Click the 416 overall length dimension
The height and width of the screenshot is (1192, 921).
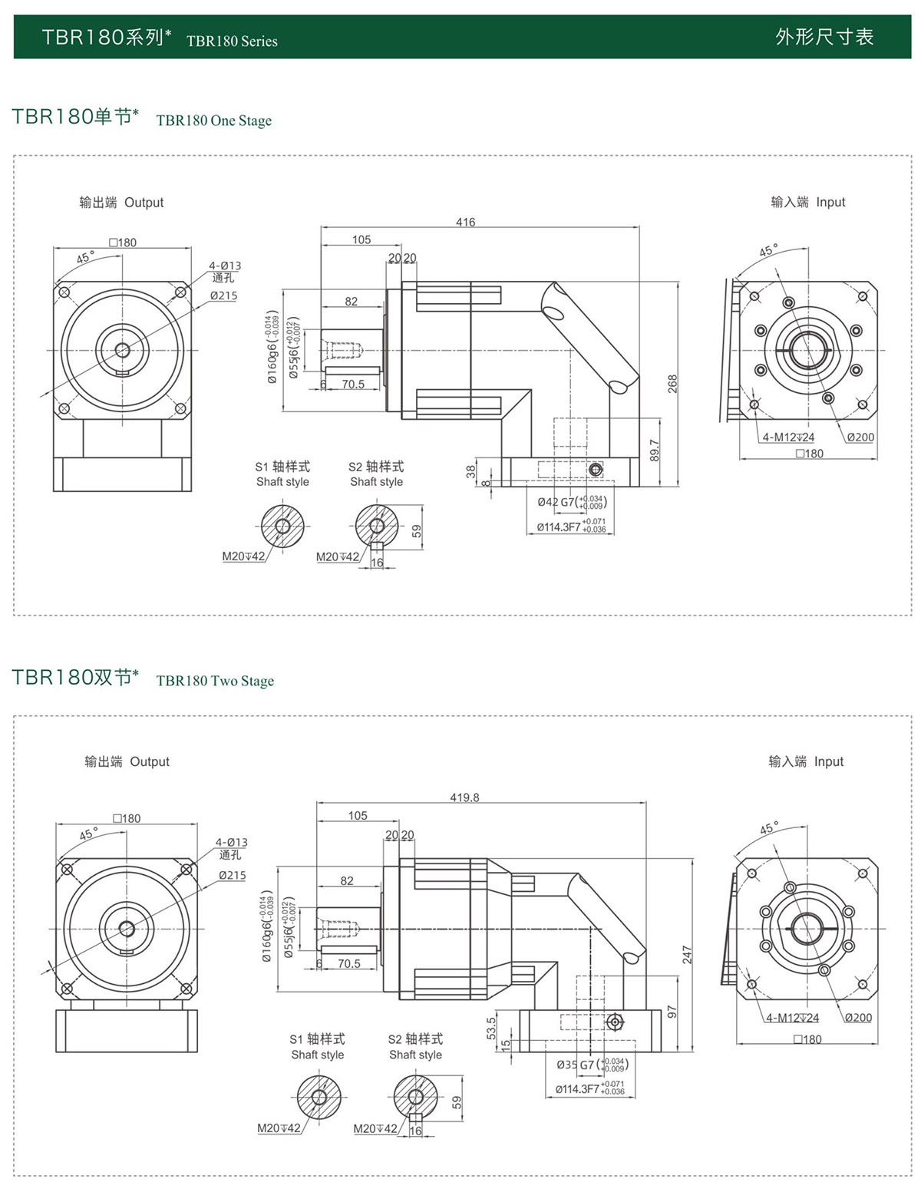(x=465, y=222)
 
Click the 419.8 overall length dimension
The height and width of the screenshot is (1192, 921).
(x=464, y=797)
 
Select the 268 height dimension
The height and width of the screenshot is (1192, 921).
(x=672, y=384)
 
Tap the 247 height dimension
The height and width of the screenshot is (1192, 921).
(x=687, y=955)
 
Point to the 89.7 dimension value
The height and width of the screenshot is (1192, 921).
(x=654, y=451)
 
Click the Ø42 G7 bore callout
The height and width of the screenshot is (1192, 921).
(x=572, y=502)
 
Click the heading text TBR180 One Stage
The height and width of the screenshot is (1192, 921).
(x=213, y=121)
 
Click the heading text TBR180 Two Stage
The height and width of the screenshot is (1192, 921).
(x=215, y=681)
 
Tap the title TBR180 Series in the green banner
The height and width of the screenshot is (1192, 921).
(x=232, y=41)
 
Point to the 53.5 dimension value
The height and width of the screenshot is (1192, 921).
(x=491, y=1029)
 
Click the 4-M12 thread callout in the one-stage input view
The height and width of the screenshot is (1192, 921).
(x=788, y=438)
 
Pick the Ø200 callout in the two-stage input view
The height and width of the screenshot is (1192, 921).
(x=858, y=1018)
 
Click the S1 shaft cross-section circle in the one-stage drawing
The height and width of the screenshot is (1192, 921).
(x=282, y=526)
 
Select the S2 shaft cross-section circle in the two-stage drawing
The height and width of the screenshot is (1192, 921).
(x=415, y=1097)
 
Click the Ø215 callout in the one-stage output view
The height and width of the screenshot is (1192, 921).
(x=224, y=296)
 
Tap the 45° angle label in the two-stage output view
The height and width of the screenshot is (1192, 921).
(x=89, y=834)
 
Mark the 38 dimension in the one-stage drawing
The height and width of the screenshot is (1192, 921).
(x=471, y=471)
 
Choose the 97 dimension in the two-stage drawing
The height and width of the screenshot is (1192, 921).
(x=672, y=1012)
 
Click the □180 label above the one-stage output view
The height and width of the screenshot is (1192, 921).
(x=123, y=243)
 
